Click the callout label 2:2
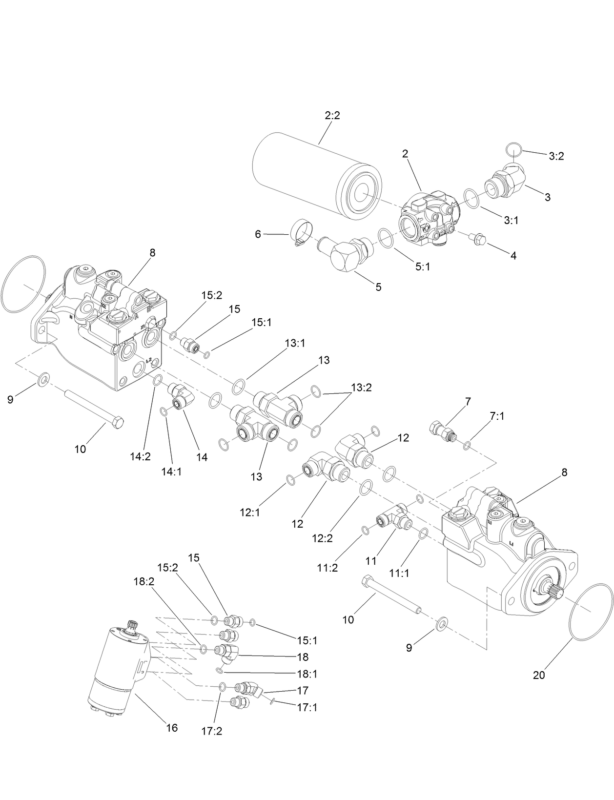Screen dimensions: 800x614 point(332,116)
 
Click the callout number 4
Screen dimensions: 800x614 point(513,255)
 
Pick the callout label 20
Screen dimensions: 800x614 point(539,676)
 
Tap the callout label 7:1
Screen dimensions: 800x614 point(497,416)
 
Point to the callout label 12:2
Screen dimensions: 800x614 point(322,538)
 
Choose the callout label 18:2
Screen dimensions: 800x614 point(143,581)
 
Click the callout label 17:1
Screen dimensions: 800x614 point(307,707)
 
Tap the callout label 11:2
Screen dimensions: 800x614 point(327,568)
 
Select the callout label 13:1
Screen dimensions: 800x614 point(295,343)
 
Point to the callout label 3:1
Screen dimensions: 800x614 point(511,220)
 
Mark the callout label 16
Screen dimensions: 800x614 point(171,728)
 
